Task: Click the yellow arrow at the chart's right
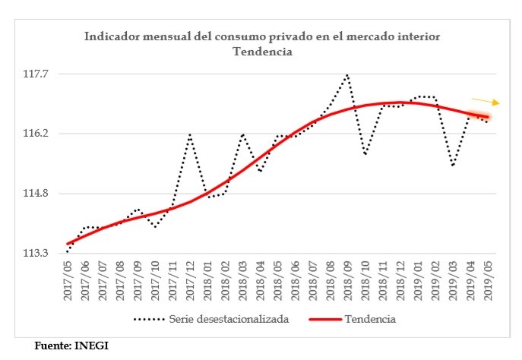point(486,101)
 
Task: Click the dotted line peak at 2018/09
point(347,74)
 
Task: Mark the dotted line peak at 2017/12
point(189,134)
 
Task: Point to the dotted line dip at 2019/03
point(452,165)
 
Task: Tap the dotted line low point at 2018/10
point(365,154)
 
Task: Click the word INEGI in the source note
point(91,346)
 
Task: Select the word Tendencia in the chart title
point(262,52)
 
